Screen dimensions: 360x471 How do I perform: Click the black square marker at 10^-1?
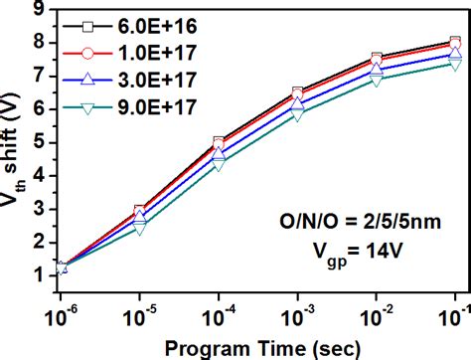pyautogui.click(x=455, y=43)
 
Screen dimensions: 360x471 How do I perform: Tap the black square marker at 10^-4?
pyautogui.click(x=219, y=142)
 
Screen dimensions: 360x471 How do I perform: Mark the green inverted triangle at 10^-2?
pyautogui.click(x=376, y=79)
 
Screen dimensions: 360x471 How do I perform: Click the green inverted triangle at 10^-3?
pyautogui.click(x=297, y=113)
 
